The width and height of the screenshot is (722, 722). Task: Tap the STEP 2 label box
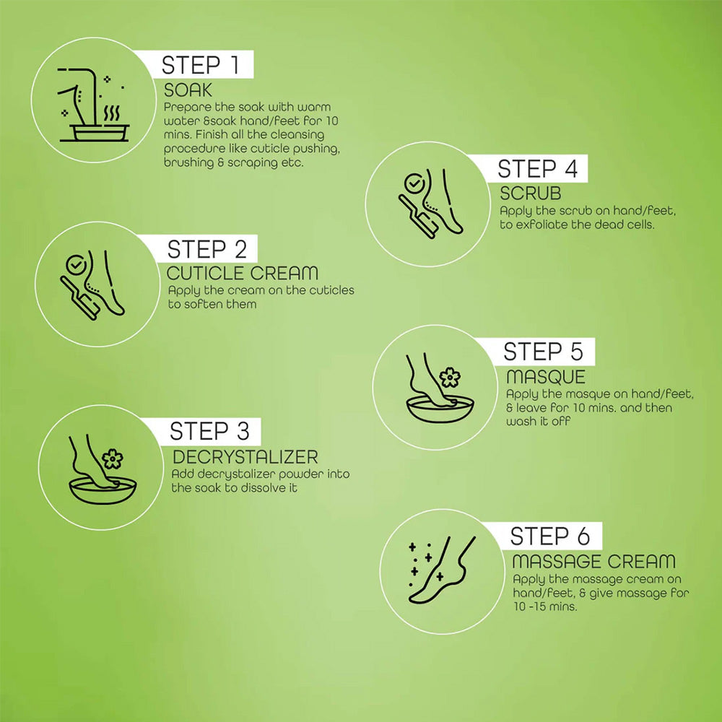[206, 249]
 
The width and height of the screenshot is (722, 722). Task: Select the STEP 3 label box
[210, 432]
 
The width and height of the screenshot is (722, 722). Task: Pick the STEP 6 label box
[550, 536]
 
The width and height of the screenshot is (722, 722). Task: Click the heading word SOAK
[188, 90]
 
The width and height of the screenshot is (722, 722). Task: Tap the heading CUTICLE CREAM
[243, 274]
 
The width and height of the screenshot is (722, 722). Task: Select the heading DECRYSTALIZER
[245, 457]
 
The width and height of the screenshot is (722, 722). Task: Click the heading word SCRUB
[531, 194]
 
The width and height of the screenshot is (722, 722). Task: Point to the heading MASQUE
[546, 377]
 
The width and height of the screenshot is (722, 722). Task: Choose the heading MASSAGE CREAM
[593, 561]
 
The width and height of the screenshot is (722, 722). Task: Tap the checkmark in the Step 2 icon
[74, 265]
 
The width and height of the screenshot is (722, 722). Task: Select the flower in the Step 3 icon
[112, 458]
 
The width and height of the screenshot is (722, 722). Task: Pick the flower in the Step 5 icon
[449, 377]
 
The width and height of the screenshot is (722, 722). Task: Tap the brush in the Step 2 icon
[81, 301]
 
